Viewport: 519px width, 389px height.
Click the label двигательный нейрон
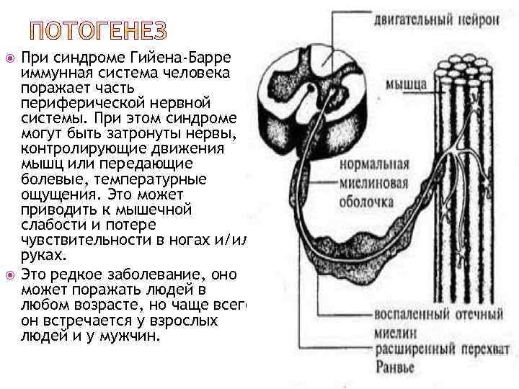[436, 19]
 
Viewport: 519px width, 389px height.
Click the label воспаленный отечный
[438, 314]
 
